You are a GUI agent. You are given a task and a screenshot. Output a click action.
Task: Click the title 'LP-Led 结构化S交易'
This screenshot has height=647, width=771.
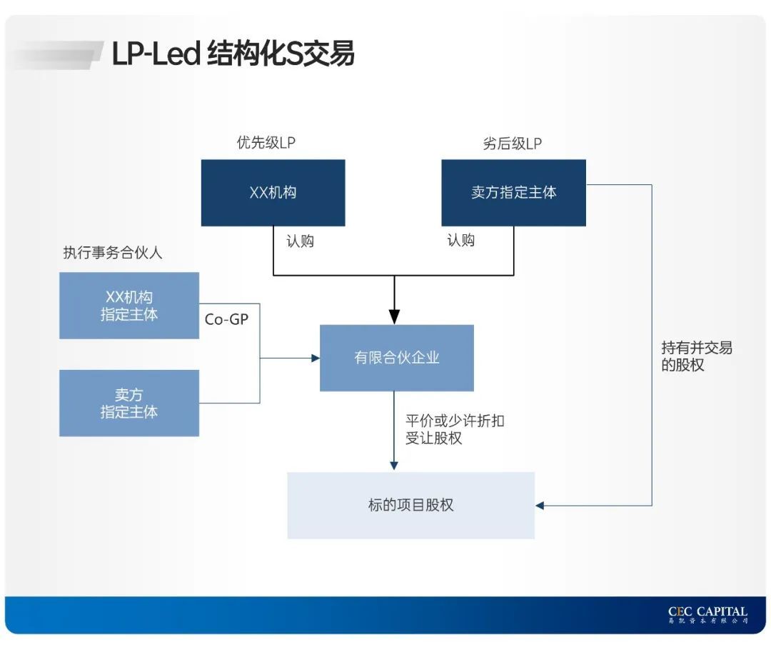(x=233, y=54)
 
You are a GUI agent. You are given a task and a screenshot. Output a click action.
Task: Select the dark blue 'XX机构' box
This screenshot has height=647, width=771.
(x=273, y=193)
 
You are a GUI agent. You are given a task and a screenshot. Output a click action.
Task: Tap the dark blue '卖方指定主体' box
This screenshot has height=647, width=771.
(x=513, y=193)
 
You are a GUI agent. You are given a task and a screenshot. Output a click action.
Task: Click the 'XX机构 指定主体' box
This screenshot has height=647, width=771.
(x=129, y=306)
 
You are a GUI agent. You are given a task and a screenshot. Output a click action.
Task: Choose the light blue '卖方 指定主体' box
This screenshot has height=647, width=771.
(x=129, y=403)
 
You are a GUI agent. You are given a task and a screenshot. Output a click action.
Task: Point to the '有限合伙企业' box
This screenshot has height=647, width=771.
(x=396, y=358)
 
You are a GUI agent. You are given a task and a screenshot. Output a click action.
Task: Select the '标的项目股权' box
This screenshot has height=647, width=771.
(x=410, y=505)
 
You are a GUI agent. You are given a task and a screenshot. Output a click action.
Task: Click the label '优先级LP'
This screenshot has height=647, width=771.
(x=266, y=143)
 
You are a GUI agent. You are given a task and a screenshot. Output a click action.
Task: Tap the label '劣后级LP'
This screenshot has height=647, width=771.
(x=512, y=143)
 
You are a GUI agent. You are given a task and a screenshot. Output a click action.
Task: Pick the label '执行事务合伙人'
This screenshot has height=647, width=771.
(x=112, y=253)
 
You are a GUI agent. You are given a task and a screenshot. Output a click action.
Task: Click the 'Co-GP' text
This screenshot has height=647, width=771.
(x=226, y=319)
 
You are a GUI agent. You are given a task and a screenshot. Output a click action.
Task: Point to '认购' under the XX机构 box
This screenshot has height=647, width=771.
(x=300, y=241)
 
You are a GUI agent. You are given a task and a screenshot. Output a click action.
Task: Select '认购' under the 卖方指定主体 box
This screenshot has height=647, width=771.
(x=460, y=241)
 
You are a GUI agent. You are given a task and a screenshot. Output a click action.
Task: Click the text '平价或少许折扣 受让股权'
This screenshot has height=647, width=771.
(x=454, y=429)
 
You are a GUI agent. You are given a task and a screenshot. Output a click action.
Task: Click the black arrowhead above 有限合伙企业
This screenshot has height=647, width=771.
(x=393, y=316)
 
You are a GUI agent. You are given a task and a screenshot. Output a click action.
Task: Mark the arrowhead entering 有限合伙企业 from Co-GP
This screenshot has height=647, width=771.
(x=315, y=358)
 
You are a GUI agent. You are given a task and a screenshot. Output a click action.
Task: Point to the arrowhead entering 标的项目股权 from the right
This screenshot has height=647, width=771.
(x=540, y=506)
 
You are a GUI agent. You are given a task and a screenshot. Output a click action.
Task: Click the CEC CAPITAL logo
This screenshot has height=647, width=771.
(x=707, y=615)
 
